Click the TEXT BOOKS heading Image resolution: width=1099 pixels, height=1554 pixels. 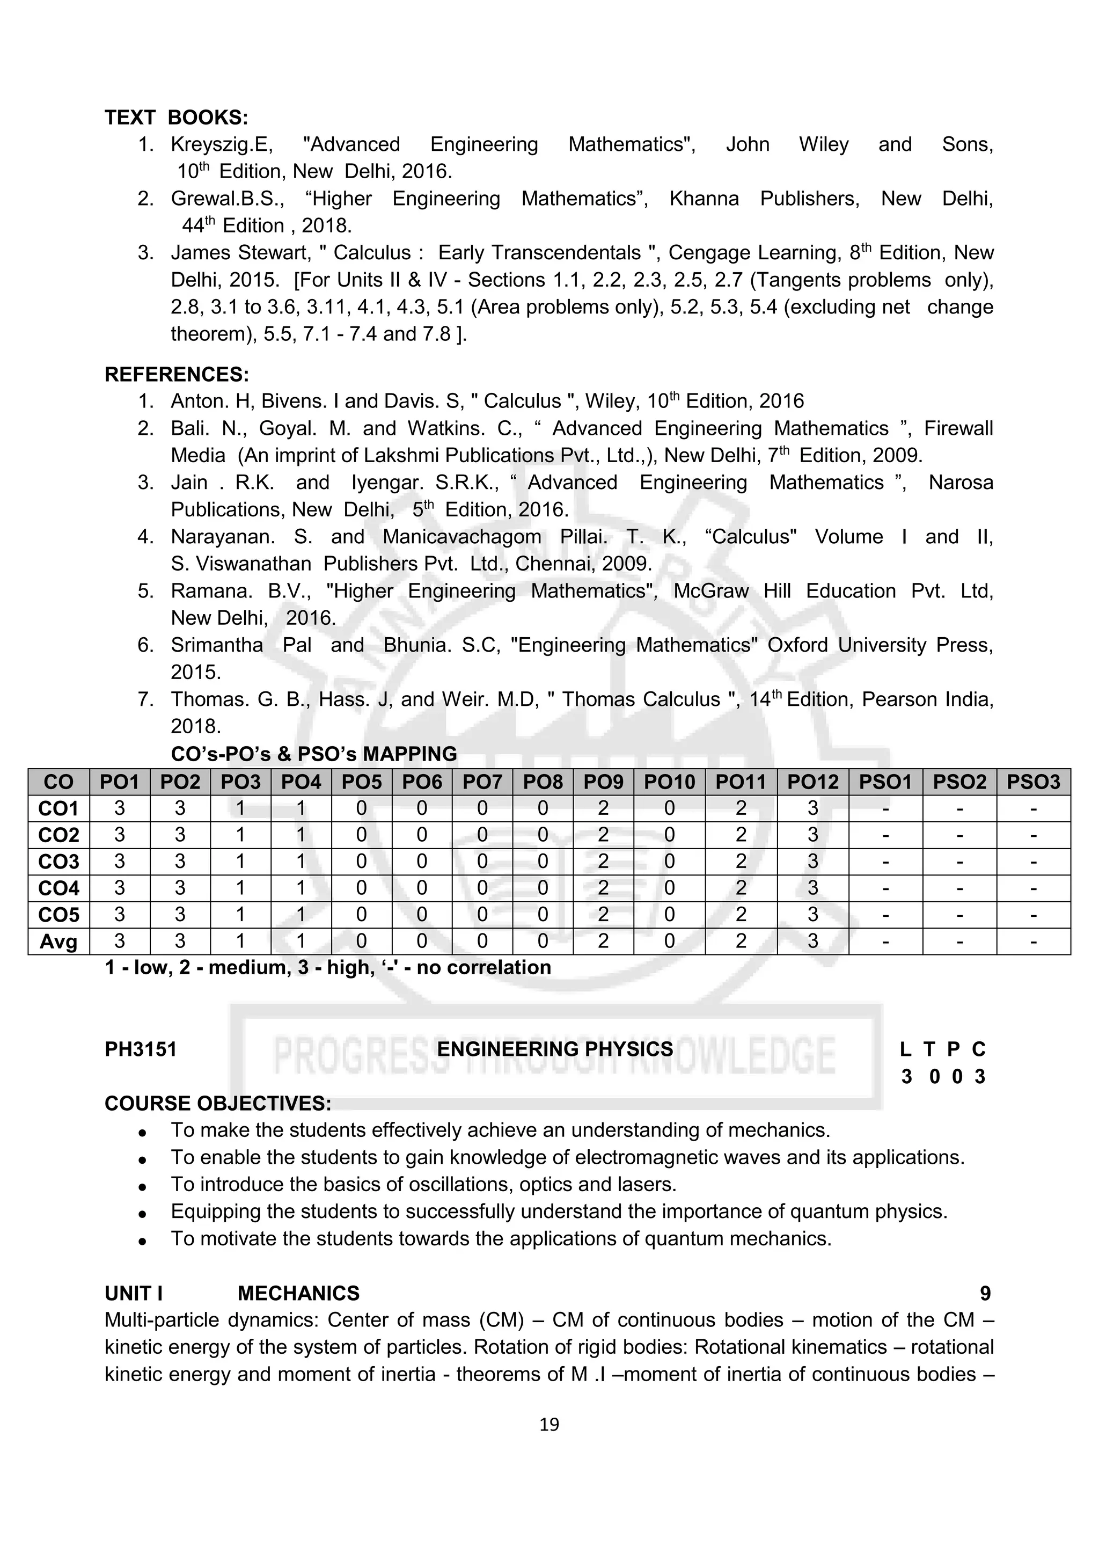(x=176, y=118)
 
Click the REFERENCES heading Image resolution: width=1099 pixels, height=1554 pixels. (x=177, y=374)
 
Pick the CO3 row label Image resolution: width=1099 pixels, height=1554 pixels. (x=59, y=862)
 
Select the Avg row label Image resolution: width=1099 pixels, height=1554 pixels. (x=59, y=942)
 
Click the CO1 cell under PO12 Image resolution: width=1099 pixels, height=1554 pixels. (x=813, y=808)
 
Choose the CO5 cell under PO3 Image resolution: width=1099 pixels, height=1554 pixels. (x=240, y=914)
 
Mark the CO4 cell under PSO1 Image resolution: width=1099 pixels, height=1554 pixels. (x=885, y=888)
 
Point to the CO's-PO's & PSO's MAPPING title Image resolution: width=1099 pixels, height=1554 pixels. (x=313, y=754)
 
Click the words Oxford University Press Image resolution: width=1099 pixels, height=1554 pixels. (x=880, y=645)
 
